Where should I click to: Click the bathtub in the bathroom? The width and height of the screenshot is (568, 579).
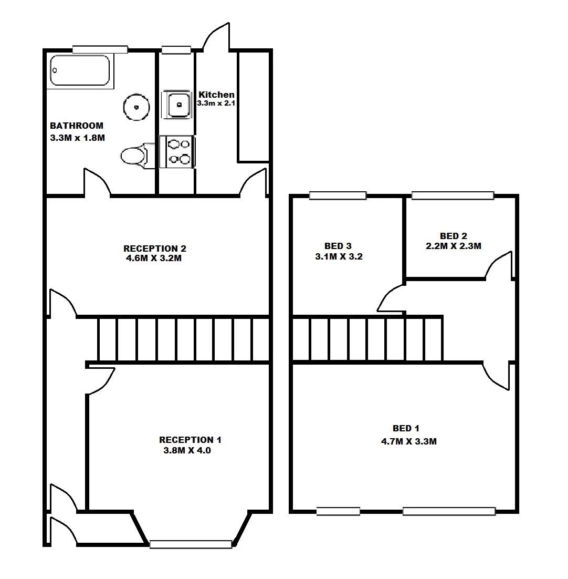click(80, 70)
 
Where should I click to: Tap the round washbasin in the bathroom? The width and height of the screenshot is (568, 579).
click(136, 107)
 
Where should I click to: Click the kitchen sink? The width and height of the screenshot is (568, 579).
click(177, 105)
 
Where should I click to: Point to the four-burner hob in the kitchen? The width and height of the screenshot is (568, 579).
click(177, 152)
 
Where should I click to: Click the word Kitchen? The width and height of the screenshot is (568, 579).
click(216, 95)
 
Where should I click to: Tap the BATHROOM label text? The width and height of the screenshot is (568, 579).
click(77, 126)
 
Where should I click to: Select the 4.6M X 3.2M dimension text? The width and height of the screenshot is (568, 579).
click(154, 258)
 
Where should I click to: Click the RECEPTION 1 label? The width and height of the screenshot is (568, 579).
click(190, 440)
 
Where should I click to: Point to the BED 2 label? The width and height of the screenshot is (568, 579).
click(454, 236)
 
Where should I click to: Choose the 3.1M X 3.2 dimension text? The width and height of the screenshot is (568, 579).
click(339, 256)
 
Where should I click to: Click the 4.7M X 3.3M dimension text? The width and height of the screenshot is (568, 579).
click(409, 441)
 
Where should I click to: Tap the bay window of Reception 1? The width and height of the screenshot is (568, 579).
click(191, 544)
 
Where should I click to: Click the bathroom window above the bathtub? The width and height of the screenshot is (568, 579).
click(100, 49)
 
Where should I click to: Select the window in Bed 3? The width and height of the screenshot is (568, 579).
click(338, 195)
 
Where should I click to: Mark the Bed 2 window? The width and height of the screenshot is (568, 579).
click(453, 195)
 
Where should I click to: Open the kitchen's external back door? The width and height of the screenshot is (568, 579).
click(216, 36)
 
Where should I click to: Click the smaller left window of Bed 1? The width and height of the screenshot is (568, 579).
click(338, 511)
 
